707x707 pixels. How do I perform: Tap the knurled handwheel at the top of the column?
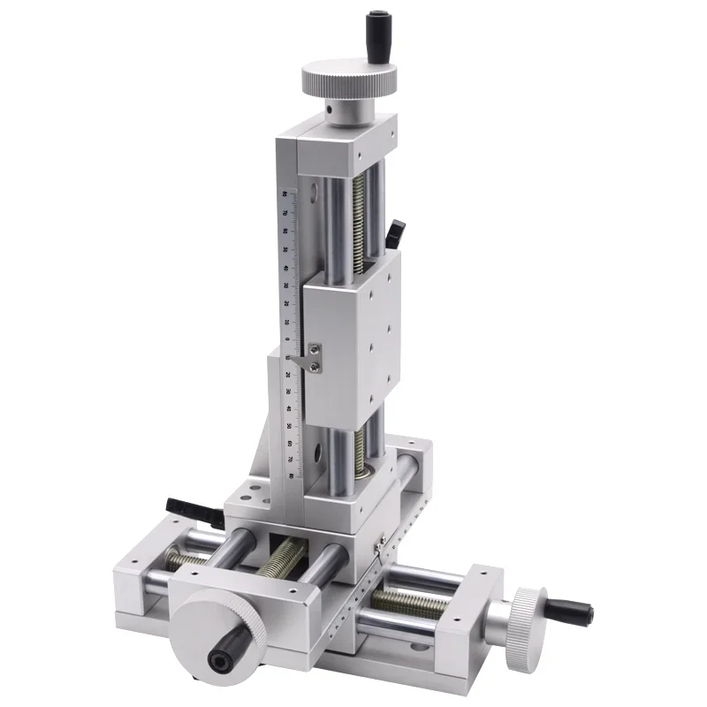348,80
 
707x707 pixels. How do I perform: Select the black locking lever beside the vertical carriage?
394,232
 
